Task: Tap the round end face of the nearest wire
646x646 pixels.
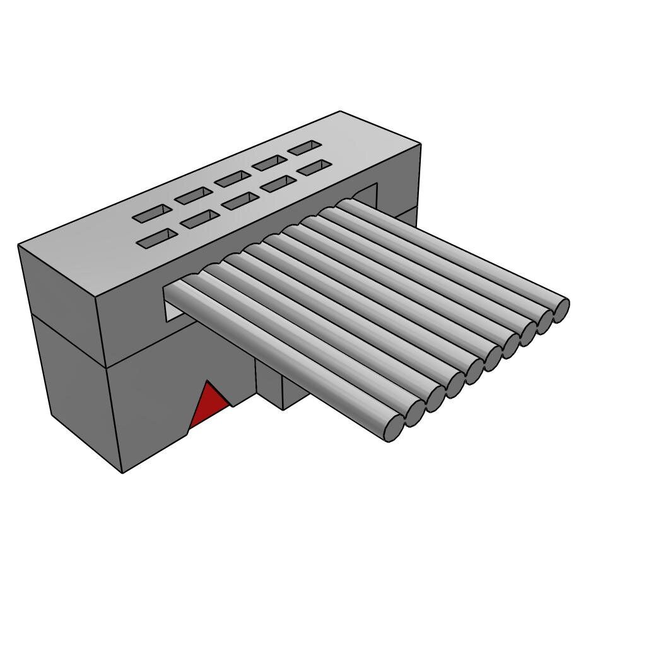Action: (394, 428)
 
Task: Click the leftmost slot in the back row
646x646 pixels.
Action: (152, 213)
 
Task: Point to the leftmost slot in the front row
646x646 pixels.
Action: (157, 238)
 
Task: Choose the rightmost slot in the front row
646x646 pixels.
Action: (314, 168)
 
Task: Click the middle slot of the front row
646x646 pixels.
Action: (240, 201)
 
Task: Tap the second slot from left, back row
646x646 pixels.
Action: (194, 196)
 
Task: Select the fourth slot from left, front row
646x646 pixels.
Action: (278, 184)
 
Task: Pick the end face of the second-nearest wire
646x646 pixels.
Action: (414, 413)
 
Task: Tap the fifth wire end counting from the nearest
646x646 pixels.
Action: (474, 371)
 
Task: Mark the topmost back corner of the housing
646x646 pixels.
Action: (340, 112)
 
